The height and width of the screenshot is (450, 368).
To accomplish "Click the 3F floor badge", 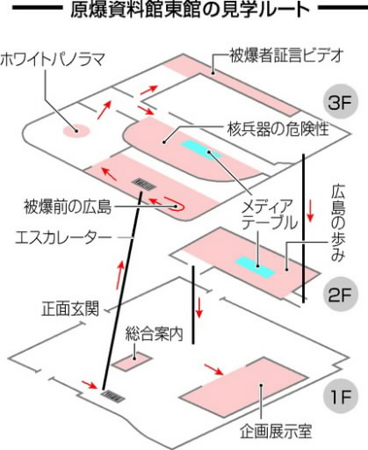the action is click(339, 102).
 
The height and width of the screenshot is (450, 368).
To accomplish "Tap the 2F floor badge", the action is click(339, 295).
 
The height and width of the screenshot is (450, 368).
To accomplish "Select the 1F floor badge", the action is click(340, 397).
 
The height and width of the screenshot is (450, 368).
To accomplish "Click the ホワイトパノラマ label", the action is click(52, 60).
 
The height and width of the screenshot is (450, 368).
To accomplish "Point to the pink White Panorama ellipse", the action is click(76, 131).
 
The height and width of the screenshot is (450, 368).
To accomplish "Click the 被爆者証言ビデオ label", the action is click(285, 55).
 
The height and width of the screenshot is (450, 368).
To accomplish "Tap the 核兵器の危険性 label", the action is click(278, 129).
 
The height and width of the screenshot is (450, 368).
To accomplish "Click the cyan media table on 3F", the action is click(200, 150).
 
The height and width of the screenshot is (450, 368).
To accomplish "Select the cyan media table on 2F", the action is click(256, 267).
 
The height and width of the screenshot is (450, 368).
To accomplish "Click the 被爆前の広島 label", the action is click(68, 207).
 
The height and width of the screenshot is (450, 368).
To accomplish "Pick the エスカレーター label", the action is click(63, 237).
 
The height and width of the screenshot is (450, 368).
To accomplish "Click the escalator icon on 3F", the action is click(144, 185).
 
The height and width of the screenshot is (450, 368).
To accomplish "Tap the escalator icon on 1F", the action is click(112, 396).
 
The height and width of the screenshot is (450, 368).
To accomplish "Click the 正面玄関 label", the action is click(70, 308).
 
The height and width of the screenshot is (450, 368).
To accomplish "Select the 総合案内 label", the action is click(155, 334).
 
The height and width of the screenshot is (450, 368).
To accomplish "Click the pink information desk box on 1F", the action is click(133, 361).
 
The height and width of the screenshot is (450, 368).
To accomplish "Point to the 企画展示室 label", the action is click(276, 432).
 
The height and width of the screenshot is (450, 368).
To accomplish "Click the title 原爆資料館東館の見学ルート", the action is click(190, 10).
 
